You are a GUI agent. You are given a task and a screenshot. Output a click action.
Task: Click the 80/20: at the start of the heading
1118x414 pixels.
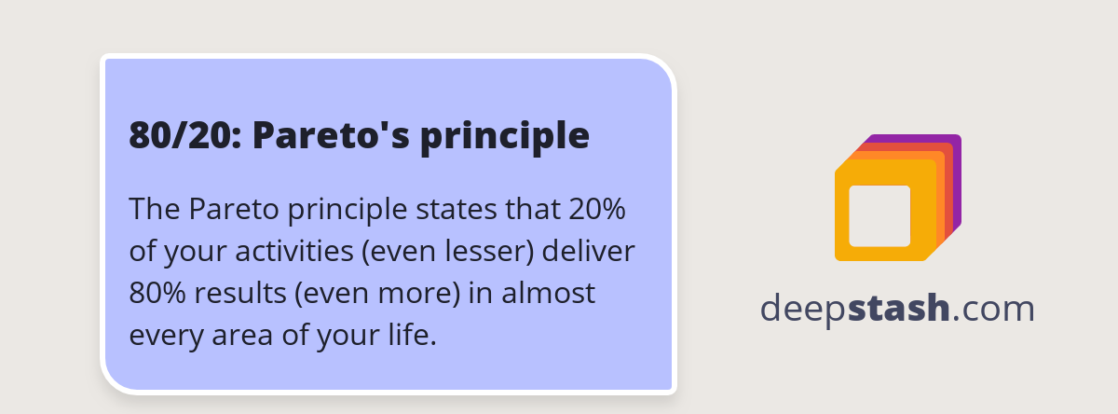pos(184,136)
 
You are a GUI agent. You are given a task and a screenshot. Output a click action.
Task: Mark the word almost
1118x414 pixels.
pos(550,293)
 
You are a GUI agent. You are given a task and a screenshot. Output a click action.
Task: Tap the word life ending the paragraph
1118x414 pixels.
pos(414,335)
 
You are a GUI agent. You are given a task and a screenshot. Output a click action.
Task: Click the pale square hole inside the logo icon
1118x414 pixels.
pos(879,215)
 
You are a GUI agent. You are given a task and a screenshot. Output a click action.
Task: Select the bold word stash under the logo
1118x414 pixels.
pos(899,309)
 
